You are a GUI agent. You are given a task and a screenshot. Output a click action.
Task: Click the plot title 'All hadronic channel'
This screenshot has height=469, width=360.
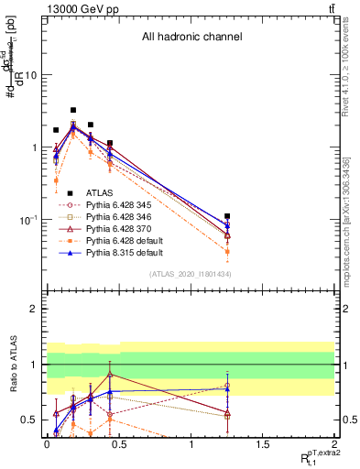(191, 38)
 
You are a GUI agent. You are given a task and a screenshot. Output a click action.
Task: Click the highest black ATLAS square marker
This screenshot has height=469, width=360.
(73, 110)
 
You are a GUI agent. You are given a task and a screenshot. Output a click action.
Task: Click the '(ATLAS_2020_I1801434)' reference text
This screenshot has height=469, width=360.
(191, 275)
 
